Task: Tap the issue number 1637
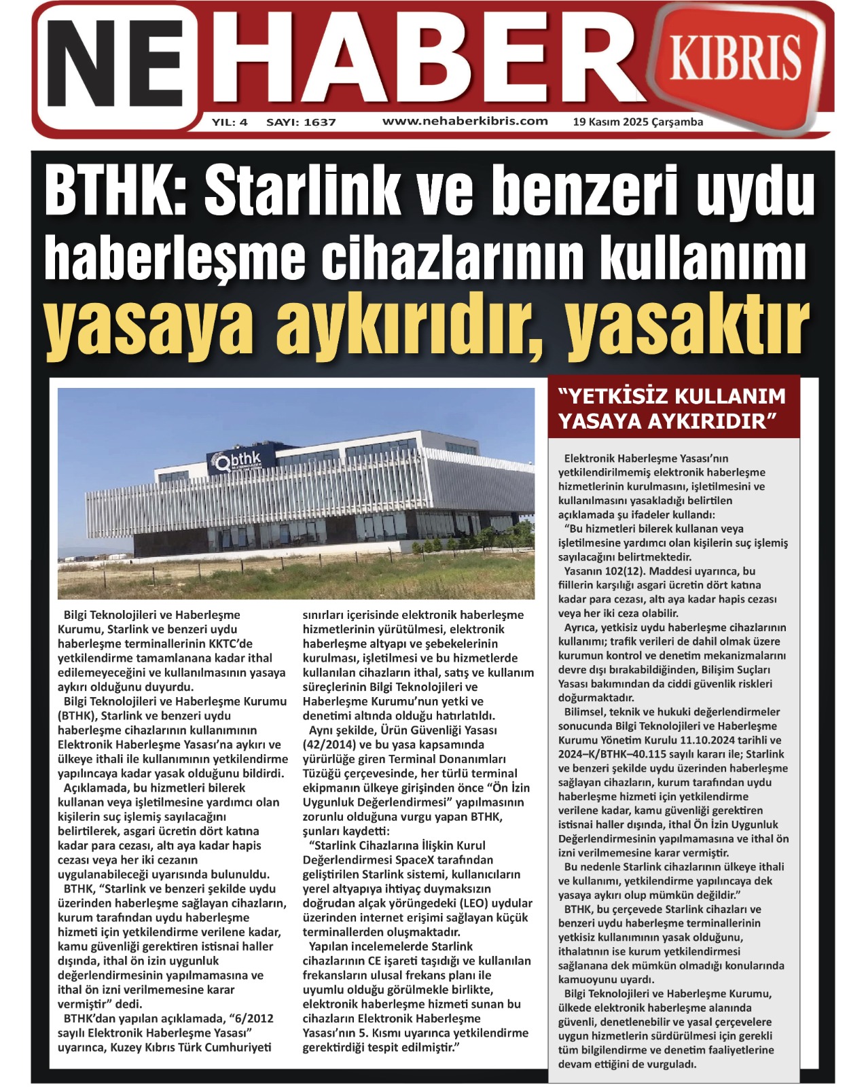[320, 122]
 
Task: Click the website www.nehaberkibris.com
[465, 122]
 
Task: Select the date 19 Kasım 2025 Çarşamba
[638, 122]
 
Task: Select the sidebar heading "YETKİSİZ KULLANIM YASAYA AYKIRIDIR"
[672, 408]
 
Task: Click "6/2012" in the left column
[251, 1018]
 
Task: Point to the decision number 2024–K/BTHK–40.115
[624, 754]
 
